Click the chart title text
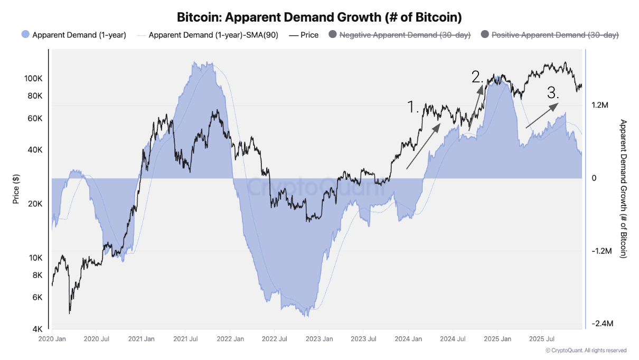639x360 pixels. coord(319,17)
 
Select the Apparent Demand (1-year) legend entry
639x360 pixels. coord(74,35)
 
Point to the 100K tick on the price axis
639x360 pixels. coord(34,78)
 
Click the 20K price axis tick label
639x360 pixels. coord(35,204)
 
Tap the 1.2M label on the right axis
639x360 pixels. coord(600,105)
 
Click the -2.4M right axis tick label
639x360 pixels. coord(602,324)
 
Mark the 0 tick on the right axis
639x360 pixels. coord(594,178)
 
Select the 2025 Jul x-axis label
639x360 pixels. coord(542,338)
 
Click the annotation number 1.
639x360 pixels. coord(413,107)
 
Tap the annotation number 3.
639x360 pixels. coord(553,93)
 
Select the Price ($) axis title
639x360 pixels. coord(15,188)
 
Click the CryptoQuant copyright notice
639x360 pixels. coord(586,350)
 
